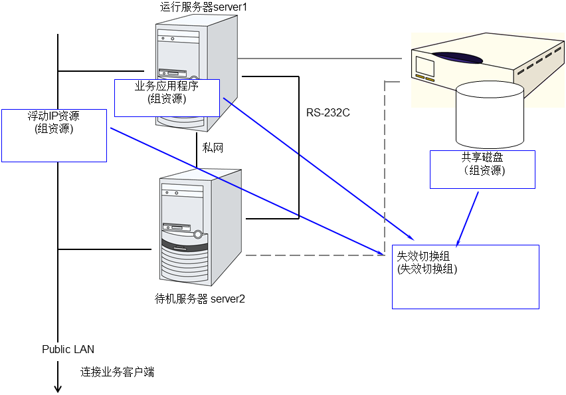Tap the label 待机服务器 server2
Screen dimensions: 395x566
coord(199,299)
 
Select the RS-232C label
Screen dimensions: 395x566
coord(328,112)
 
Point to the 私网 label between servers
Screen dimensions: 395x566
coord(213,148)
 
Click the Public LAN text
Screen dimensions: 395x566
coord(68,349)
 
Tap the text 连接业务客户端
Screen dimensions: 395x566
coord(117,372)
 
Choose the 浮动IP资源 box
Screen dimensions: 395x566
coord(54,136)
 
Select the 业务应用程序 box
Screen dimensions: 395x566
coord(167,98)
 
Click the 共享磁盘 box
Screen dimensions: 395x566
coord(482,169)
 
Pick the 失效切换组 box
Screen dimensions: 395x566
coord(465,277)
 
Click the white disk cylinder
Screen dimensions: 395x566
coord(490,116)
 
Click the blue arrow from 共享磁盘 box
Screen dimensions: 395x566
coord(468,217)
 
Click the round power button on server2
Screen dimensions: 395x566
coord(197,234)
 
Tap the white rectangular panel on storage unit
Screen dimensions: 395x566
coord(425,66)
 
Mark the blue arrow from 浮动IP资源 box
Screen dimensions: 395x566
coord(246,191)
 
